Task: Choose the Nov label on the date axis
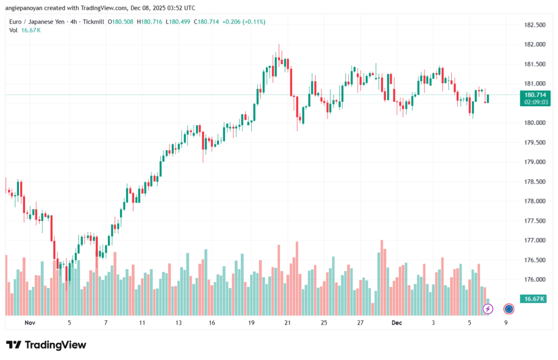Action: pos(30,323)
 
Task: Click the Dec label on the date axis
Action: pos(397,323)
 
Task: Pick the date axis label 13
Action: pos(178,323)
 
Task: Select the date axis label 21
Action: pos(288,323)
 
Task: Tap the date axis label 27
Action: pos(360,323)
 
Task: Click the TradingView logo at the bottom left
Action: pos(46,345)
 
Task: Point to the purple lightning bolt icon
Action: pos(488,309)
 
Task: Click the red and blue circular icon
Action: pos(509,309)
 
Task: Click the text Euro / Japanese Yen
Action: pos(35,21)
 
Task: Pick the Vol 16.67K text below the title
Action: pos(25,30)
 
